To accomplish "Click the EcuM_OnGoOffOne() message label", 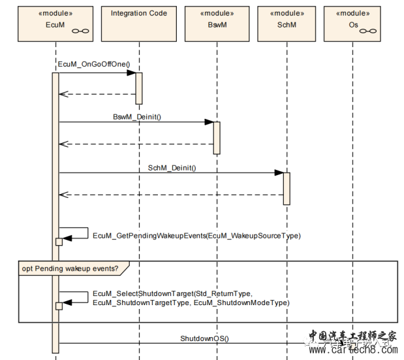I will (x=94, y=64).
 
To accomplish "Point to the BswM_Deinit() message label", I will (x=136, y=116).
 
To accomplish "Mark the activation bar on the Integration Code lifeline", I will (x=138, y=88).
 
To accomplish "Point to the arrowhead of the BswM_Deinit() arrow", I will (x=209, y=122).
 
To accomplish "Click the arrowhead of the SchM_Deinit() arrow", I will (x=279, y=173).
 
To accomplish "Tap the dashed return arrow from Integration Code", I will (x=98, y=94).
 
